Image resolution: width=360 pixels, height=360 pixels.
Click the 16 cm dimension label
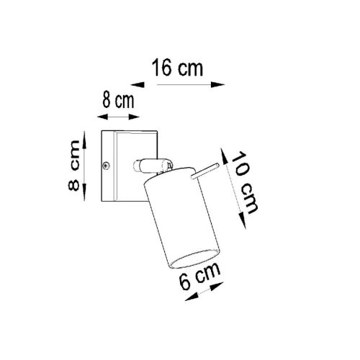coord(176,69)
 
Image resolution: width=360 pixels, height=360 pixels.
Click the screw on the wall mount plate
coord(107,165)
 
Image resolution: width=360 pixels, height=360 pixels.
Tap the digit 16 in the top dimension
coord(162,69)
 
